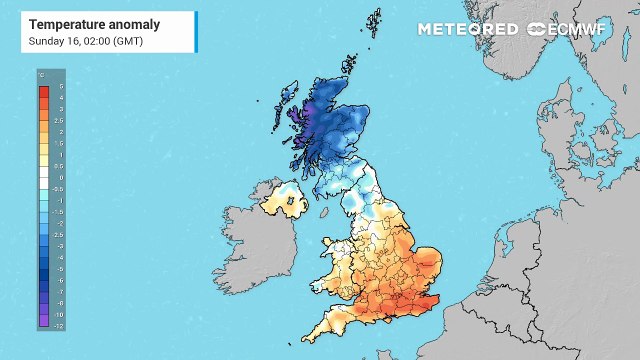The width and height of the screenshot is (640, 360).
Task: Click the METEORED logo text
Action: click(467, 29)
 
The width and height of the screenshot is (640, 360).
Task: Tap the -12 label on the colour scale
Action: click(58, 326)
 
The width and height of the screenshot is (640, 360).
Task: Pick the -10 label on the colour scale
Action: click(58, 314)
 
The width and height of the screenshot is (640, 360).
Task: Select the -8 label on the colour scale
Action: click(58, 302)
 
